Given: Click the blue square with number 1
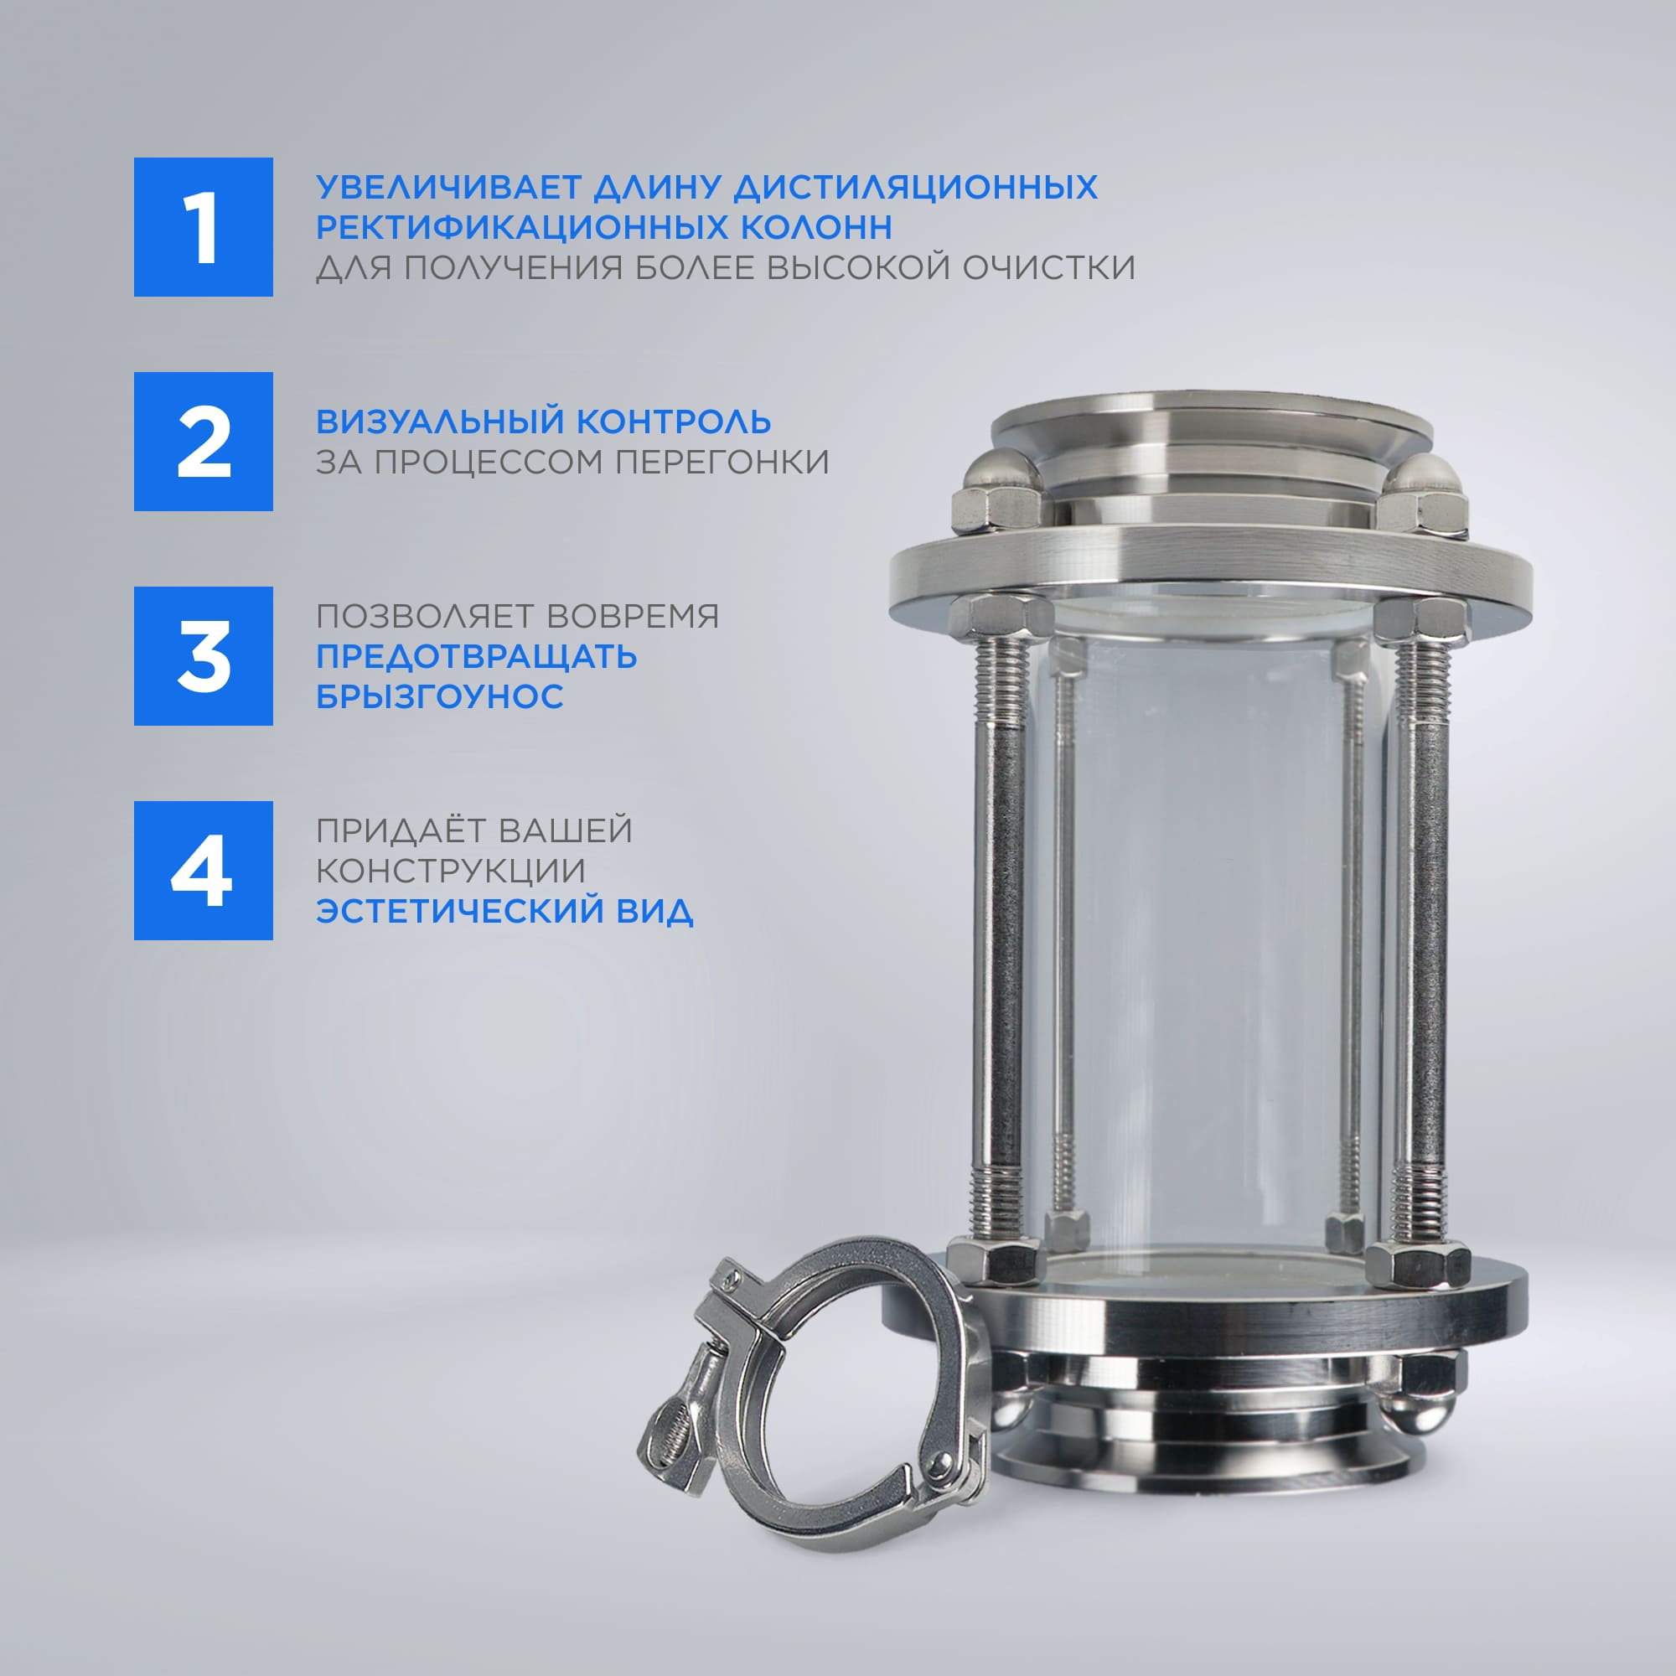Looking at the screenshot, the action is pos(203,227).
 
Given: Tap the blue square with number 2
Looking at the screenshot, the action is pos(203,442).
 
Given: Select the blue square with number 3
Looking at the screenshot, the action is pos(203,656).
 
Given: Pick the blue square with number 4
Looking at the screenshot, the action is pos(203,870).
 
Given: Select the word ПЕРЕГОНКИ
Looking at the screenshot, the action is pos(722,463).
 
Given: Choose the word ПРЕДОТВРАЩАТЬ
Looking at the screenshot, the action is pos(476,657).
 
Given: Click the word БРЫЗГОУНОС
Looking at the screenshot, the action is pos(440,696).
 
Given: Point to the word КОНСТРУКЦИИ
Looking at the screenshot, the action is pos(450,871).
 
